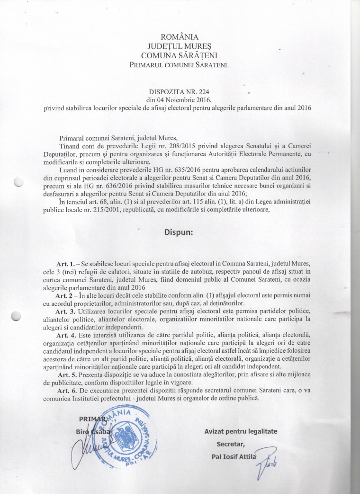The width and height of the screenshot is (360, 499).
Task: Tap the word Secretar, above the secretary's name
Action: tap(232, 444)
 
